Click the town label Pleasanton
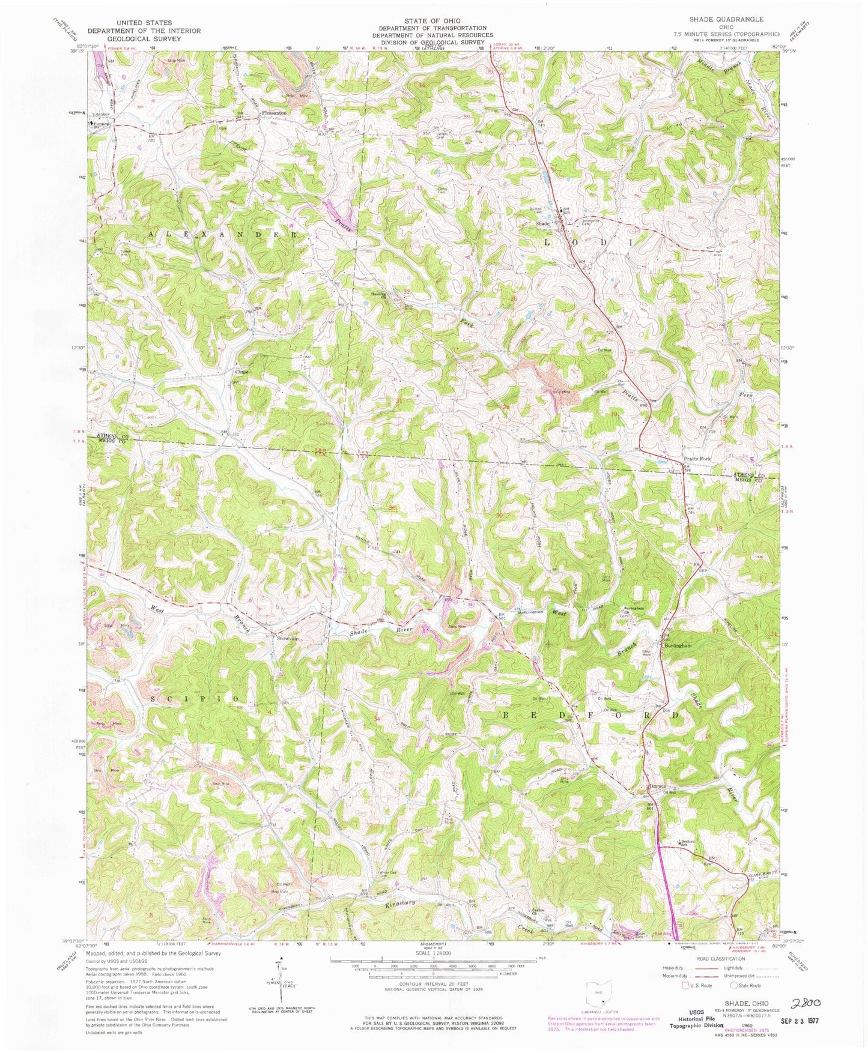coord(273,113)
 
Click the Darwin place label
coord(657,786)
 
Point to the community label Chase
coord(241,372)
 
